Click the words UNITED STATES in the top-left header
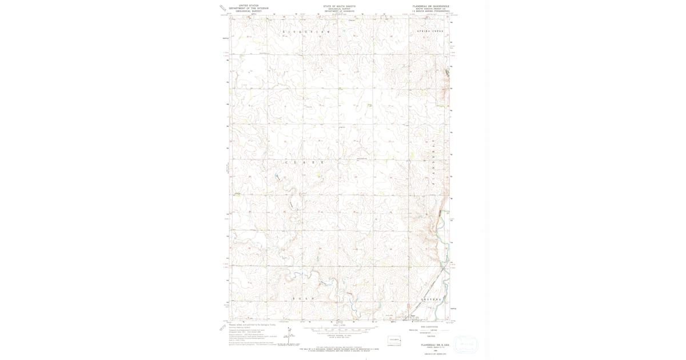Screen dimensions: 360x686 coord(248,6)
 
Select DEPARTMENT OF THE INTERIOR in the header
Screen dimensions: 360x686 coord(248,8)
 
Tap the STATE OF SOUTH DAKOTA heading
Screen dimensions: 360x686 coord(339,6)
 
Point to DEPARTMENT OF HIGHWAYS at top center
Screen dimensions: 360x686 coord(339,11)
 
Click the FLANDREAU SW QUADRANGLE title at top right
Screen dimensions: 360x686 coord(430,6)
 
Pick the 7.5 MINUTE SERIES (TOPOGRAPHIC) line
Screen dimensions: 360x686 coord(430,11)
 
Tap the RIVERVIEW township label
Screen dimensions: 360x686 coord(306,32)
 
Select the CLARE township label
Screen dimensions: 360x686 coord(305,162)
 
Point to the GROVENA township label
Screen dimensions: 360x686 coord(432,299)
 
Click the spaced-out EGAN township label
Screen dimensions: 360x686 coord(304,299)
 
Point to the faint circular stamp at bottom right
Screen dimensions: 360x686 coord(466,343)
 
